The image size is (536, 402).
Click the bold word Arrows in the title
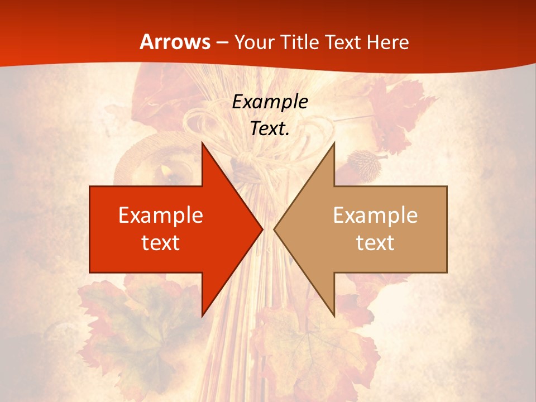pyautogui.click(x=175, y=42)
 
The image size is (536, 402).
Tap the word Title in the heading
pyautogui.click(x=300, y=42)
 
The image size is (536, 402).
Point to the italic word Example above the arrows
pyautogui.click(x=270, y=102)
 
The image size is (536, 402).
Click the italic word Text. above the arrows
pyautogui.click(x=270, y=128)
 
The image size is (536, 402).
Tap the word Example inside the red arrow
pyautogui.click(x=161, y=216)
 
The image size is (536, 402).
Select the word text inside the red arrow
pyautogui.click(x=161, y=242)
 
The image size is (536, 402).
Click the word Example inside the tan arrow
pyautogui.click(x=375, y=216)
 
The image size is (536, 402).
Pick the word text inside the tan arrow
pyautogui.click(x=375, y=242)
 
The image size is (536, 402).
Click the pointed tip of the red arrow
pyautogui.click(x=262, y=229)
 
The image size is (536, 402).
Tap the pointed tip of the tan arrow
pyautogui.click(x=275, y=229)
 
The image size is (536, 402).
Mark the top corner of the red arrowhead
pyautogui.click(x=202, y=143)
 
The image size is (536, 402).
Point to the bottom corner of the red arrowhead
pyautogui.click(x=202, y=315)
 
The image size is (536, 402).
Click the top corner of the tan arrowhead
pyautogui.click(x=334, y=143)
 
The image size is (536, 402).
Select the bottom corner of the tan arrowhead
pyautogui.click(x=334, y=315)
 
